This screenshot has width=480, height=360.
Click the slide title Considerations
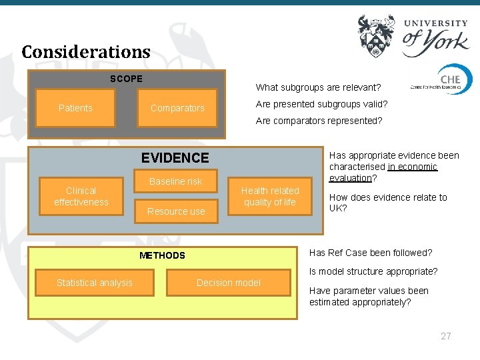point(86,52)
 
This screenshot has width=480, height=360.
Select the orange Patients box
point(75,108)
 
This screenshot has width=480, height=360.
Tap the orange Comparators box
point(177,108)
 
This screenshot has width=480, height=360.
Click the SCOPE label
point(126,79)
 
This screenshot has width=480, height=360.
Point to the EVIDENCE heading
point(175,158)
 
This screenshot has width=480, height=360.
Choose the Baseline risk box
point(175,181)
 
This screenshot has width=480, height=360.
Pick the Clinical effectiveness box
point(81,196)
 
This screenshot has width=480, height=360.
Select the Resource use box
point(176,211)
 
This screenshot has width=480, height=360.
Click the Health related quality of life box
point(270,196)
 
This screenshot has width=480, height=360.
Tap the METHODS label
point(162,255)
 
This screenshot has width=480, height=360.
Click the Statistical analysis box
point(95,283)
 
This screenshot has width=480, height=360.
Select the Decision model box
point(229,283)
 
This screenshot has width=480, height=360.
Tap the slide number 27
point(446,336)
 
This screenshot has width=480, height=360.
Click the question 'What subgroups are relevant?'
point(318,87)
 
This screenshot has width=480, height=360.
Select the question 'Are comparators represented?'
point(319,121)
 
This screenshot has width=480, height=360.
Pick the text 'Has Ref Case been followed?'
point(371,253)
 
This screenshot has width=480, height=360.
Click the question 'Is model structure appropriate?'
point(373,271)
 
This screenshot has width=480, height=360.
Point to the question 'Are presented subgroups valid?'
point(321,104)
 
